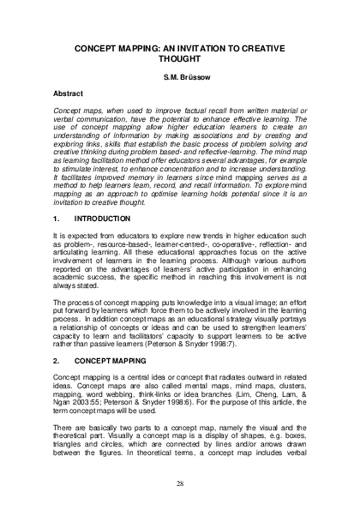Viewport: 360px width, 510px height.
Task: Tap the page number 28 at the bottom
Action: coord(180,484)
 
